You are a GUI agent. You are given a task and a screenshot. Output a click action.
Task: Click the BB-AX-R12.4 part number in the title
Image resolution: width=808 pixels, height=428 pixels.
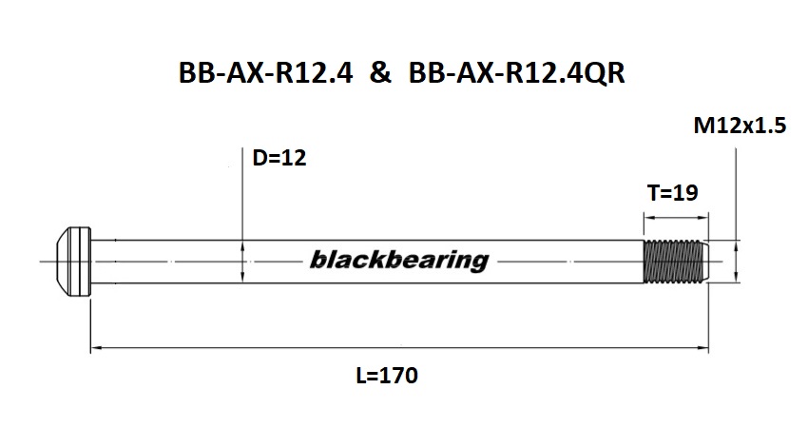(x=265, y=75)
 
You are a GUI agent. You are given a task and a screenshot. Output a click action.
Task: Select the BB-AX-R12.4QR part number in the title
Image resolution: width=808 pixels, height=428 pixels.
(x=516, y=75)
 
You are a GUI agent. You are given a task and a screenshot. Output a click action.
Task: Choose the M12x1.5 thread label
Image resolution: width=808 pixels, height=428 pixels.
(x=741, y=127)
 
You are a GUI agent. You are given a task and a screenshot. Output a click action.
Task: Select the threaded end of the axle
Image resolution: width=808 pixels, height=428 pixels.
(x=674, y=260)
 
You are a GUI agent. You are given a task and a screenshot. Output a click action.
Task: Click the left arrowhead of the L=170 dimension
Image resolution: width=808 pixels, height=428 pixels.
(x=95, y=349)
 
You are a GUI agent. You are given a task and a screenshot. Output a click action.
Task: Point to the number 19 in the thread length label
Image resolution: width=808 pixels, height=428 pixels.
(x=686, y=193)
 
